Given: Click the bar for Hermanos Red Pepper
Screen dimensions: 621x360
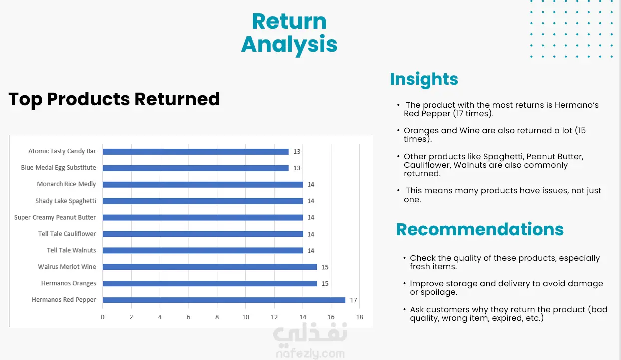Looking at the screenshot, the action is pyautogui.click(x=224, y=300).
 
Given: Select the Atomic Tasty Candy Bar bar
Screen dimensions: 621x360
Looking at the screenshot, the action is pyautogui.click(x=196, y=151).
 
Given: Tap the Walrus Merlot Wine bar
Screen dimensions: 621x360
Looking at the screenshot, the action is pyautogui.click(x=210, y=267).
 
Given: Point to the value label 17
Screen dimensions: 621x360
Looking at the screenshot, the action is pyautogui.click(x=353, y=300).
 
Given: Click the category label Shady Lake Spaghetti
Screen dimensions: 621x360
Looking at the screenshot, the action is pyautogui.click(x=66, y=201).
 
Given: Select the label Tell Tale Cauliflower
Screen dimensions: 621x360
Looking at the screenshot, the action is pyautogui.click(x=67, y=234).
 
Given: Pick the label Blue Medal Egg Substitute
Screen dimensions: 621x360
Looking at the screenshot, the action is pyautogui.click(x=58, y=168).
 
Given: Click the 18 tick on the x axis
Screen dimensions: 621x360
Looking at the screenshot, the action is pyautogui.click(x=359, y=317).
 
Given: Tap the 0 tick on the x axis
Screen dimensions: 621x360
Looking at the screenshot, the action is pyautogui.click(x=102, y=317).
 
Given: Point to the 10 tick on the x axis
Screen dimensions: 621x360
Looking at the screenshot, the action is pyautogui.click(x=245, y=317).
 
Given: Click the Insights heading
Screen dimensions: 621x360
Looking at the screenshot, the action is pyautogui.click(x=424, y=79).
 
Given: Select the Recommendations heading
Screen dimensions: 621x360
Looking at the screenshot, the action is pyautogui.click(x=480, y=229).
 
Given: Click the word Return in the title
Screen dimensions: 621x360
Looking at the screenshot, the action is pyautogui.click(x=289, y=21).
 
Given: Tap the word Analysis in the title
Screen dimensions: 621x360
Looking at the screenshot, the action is pyautogui.click(x=289, y=45).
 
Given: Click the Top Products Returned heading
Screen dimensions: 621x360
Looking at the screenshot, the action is pyautogui.click(x=114, y=99).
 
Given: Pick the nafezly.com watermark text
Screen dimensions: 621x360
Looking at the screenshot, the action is pyautogui.click(x=310, y=354).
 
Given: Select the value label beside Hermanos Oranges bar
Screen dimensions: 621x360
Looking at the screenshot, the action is pyautogui.click(x=325, y=283).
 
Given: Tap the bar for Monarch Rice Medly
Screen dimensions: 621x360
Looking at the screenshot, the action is pyautogui.click(x=203, y=184).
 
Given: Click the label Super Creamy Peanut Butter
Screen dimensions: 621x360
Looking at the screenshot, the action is pyautogui.click(x=55, y=217).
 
